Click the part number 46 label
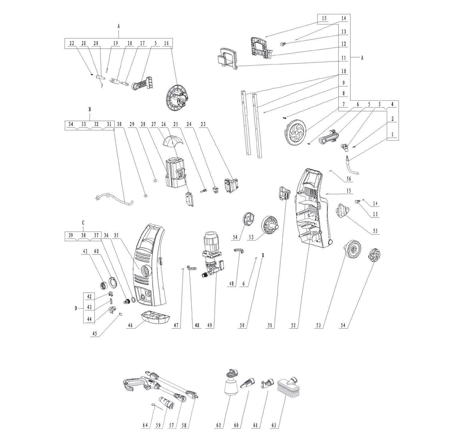[130, 325]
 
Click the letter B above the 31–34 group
[89, 109]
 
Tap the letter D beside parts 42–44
[76, 308]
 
